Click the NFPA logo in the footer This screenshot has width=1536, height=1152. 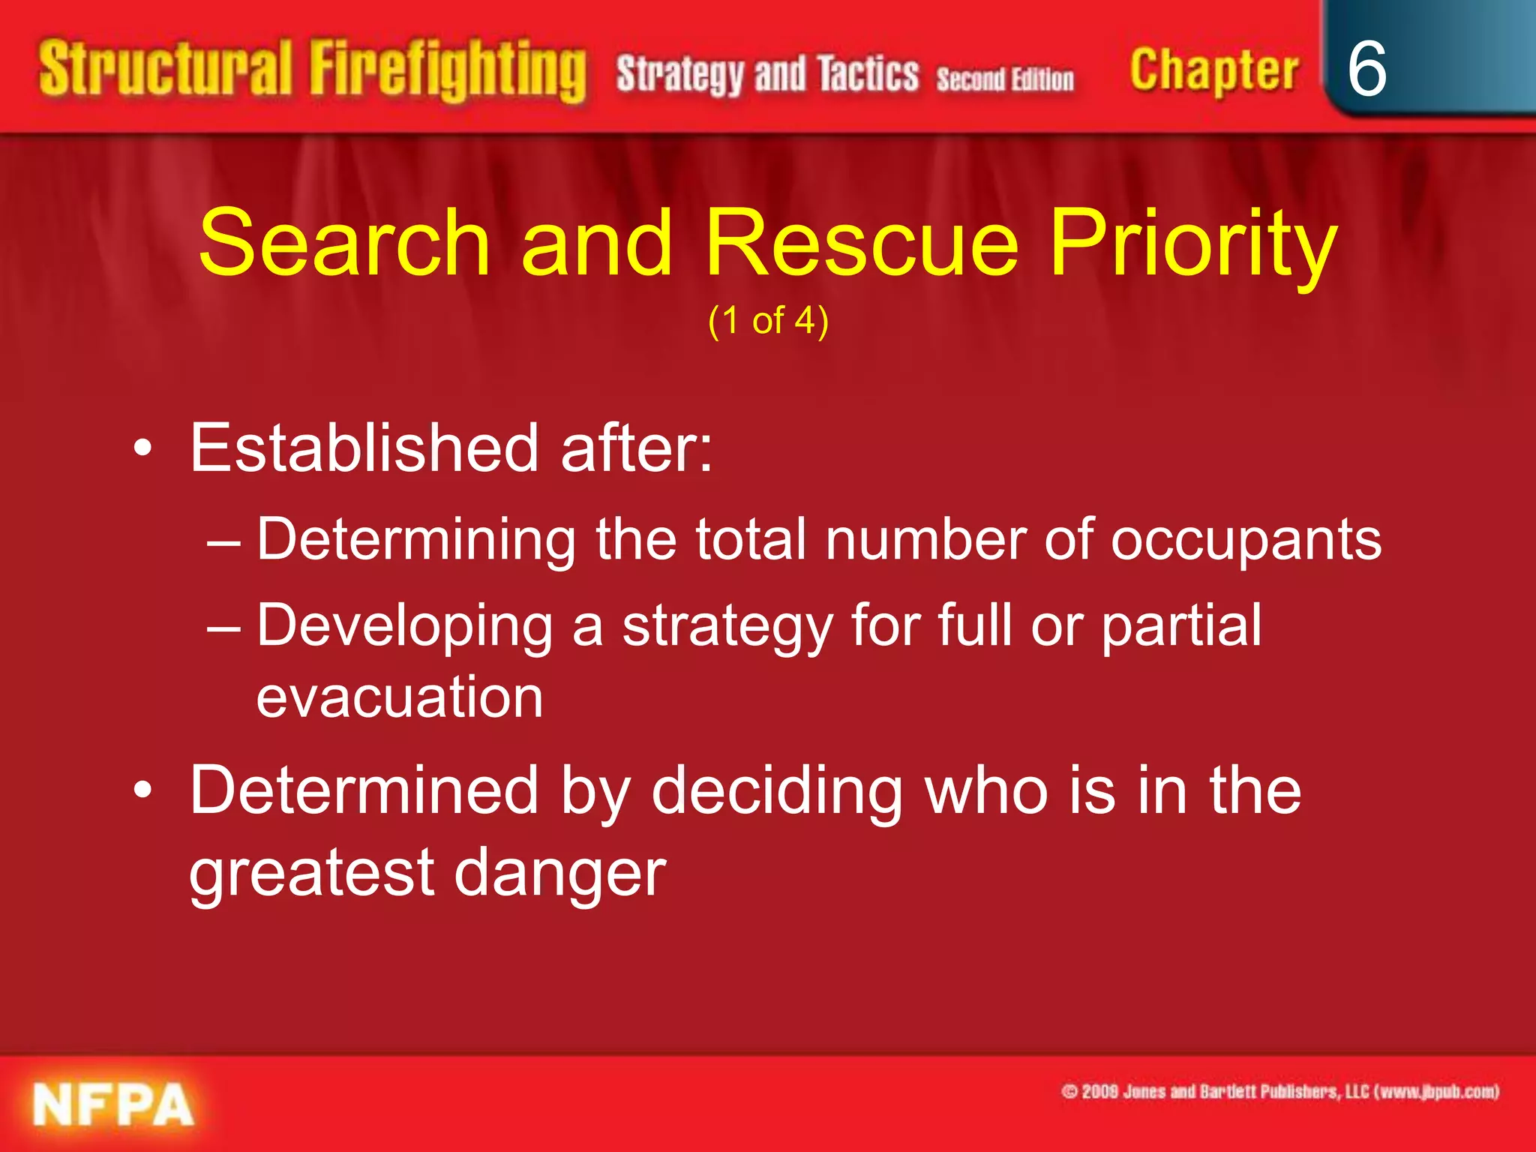coord(113,1105)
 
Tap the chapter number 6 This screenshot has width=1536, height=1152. coord(1366,69)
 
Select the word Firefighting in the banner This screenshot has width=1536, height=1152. coord(448,71)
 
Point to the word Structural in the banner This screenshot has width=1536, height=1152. coord(165,69)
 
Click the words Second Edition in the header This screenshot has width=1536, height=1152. coord(1005,79)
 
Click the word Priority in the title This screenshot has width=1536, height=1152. coord(1192,244)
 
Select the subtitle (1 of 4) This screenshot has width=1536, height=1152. coord(768,321)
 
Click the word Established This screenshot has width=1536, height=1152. coord(364,448)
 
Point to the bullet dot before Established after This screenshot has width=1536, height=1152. coord(142,448)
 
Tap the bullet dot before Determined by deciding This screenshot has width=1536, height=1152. coord(142,790)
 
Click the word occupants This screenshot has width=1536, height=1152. coord(1246,540)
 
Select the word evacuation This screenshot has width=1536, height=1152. coord(400,697)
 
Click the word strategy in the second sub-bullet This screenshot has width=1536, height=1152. coord(727,626)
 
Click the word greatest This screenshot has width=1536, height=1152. coord(311,874)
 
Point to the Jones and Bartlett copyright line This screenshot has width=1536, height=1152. coord(1279,1091)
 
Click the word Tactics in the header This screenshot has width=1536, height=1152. coord(868,75)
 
